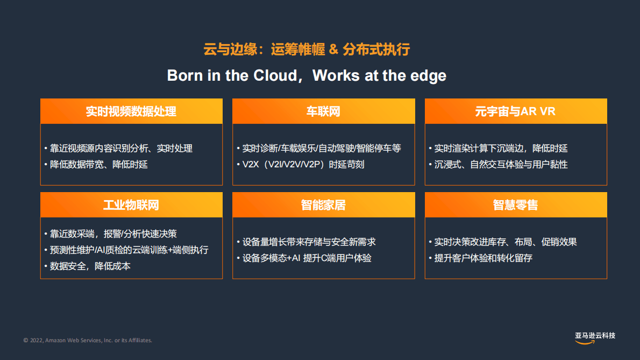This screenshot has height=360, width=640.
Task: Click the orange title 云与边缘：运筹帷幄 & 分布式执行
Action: pos(307,50)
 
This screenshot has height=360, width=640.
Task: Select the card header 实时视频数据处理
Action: pos(131,111)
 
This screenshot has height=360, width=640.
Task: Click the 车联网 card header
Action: pos(323,111)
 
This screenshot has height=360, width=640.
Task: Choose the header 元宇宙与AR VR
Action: pos(515,111)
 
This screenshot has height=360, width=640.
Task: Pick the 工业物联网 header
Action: pos(131,205)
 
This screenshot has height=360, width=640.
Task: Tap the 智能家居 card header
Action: pos(323,205)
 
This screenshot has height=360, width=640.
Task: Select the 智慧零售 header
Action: pos(515,205)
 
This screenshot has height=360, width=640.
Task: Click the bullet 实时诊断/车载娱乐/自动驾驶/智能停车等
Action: pos(321,148)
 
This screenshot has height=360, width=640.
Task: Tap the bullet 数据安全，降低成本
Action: pos(90,266)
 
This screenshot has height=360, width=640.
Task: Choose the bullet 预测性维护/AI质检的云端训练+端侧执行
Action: pos(129,250)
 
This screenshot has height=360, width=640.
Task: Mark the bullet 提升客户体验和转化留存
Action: pos(483,258)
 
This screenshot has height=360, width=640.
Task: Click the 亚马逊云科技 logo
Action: pos(595,337)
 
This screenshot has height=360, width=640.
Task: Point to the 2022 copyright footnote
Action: pos(88,340)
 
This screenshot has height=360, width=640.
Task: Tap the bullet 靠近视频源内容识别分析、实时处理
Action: pos(121,148)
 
